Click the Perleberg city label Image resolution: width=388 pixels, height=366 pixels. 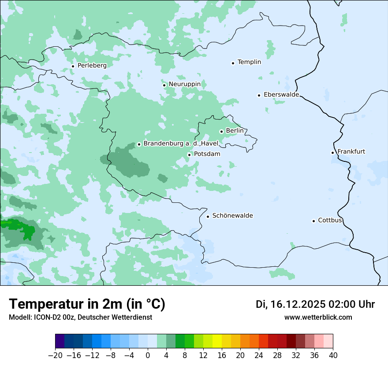click(92, 65)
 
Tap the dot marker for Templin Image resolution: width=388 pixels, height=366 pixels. click(233, 63)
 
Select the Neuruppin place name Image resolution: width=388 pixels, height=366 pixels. click(184, 84)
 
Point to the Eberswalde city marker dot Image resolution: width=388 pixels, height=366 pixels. click(259, 95)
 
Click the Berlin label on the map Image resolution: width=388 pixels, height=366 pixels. click(235, 131)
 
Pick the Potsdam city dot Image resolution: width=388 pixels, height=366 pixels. click(189, 155)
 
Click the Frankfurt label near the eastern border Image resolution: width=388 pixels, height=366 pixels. click(351, 151)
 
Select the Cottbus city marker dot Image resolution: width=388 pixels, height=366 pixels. click(313, 221)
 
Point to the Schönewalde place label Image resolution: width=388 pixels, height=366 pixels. click(232, 215)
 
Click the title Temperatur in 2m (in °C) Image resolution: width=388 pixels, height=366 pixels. click(87, 304)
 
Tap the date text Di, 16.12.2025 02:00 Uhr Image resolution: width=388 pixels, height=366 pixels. click(315, 304)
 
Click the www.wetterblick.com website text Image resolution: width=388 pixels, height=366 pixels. click(318, 317)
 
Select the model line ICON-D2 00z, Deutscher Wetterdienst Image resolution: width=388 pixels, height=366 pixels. click(80, 317)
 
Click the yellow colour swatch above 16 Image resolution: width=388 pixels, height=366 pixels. click(217, 341)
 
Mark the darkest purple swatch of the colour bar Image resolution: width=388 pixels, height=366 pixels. click(60, 341)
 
